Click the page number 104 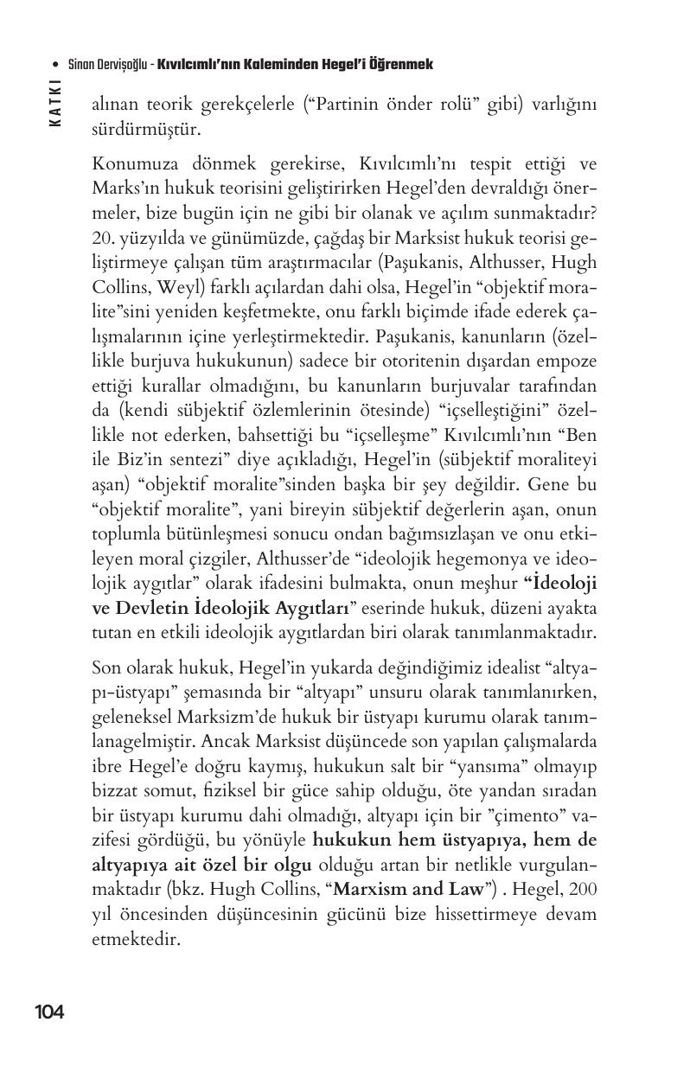49,1012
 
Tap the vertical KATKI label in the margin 55,104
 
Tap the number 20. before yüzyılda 104,239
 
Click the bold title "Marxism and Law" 409,888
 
